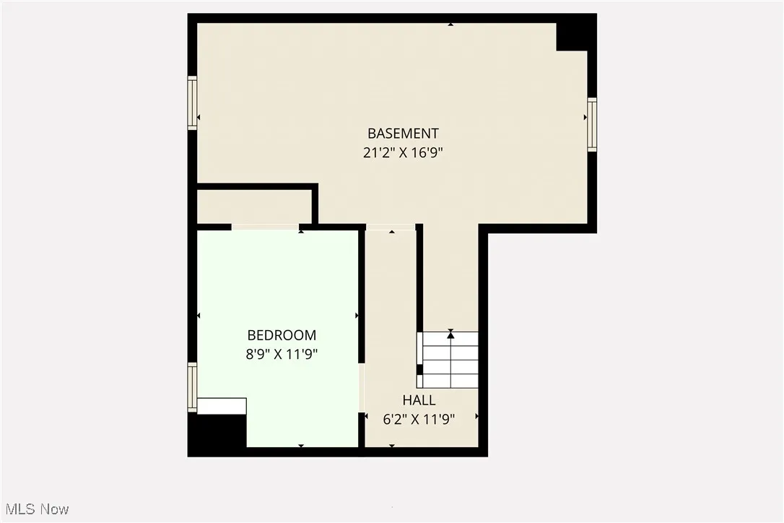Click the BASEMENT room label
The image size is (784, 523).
pos(403,134)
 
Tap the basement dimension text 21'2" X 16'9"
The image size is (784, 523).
pos(403,152)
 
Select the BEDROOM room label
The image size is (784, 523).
pos(282,335)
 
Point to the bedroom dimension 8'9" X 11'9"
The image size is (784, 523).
pos(282,354)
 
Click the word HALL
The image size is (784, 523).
pos(419,400)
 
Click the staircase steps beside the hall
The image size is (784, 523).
pos(449,360)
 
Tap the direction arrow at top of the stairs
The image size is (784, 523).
pos(450,334)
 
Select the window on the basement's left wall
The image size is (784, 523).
pos(193,103)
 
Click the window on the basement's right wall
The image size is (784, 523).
pos(592,124)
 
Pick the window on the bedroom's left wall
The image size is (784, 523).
pos(193,387)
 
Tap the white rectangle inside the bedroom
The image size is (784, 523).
pos(222,406)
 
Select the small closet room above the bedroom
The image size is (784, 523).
pos(254,207)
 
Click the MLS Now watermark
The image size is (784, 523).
pos(35,509)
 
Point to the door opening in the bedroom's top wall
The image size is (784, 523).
pos(265,228)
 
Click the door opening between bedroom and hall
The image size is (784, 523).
pos(362,387)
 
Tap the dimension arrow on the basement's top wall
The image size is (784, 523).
pos(451,25)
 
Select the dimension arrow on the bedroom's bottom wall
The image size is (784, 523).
pos(301,446)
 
